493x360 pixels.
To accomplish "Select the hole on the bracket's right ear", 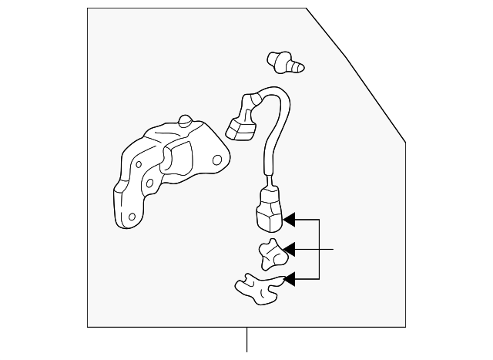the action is [217, 160].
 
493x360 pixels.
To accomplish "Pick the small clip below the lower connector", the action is [270, 254].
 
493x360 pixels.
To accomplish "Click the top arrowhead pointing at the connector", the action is [288, 220].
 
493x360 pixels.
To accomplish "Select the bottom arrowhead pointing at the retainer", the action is [288, 278].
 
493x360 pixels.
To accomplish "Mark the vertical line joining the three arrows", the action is [319, 249].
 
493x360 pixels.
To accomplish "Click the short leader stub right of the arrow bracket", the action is [327, 249].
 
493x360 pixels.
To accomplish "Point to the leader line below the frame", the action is [246, 339].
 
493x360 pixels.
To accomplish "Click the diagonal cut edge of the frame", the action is [356, 75].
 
